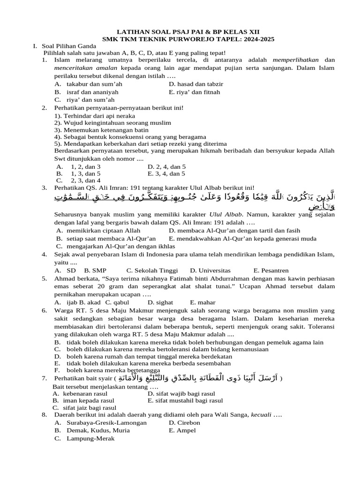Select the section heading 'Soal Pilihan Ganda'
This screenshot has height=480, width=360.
[x=69, y=46]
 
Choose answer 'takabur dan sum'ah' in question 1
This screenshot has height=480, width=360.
[x=94, y=84]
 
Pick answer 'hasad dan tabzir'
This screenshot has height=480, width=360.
[x=196, y=84]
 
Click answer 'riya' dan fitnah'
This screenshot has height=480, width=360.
[x=194, y=92]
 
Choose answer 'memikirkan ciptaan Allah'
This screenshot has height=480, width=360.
[x=104, y=231]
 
